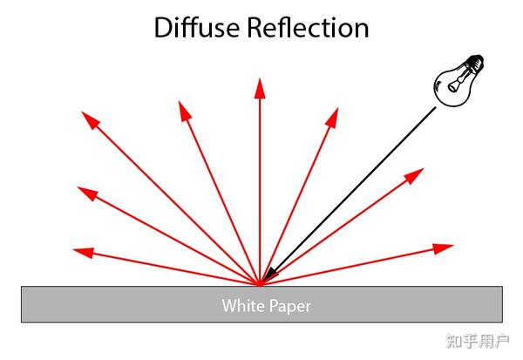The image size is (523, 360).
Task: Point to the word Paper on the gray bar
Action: tap(289, 306)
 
